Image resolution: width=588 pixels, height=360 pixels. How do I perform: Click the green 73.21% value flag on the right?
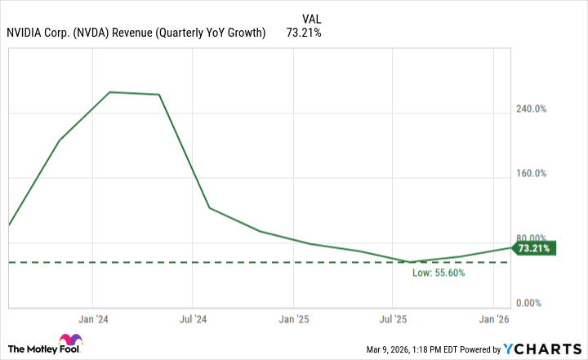tap(535, 247)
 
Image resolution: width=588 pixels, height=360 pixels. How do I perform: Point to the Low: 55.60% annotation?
tap(439, 273)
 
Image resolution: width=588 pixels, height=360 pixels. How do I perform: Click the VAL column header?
tap(311, 17)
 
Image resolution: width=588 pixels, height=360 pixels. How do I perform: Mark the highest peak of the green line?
tap(109, 92)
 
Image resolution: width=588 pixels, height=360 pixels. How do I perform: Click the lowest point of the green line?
tap(411, 262)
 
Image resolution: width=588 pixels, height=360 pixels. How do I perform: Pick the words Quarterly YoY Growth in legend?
tap(214, 33)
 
